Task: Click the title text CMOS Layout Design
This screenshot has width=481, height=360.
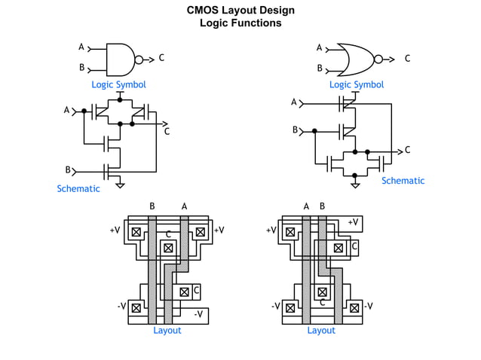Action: [x=240, y=10]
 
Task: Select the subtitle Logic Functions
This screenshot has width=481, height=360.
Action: [x=240, y=23]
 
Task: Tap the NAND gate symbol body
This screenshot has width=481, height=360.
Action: [x=119, y=58]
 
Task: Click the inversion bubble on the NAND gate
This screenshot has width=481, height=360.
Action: [x=139, y=58]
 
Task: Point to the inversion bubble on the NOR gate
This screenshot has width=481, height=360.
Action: [x=378, y=58]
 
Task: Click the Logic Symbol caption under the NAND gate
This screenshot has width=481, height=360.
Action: [x=118, y=85]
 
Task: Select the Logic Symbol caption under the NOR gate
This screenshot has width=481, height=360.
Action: [x=356, y=85]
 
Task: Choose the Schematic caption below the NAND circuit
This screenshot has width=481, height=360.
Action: [x=78, y=189]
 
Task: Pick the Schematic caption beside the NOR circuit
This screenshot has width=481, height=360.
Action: [x=403, y=181]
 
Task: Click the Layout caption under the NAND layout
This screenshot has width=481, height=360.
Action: [x=167, y=330]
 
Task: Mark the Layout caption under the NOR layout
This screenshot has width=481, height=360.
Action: [x=321, y=330]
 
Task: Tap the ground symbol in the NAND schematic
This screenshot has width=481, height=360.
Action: [x=120, y=184]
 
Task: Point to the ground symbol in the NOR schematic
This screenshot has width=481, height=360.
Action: [x=355, y=183]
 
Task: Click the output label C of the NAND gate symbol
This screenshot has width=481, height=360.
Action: [x=161, y=58]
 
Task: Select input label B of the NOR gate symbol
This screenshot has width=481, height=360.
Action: [x=320, y=69]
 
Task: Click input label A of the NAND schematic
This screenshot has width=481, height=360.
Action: [x=66, y=111]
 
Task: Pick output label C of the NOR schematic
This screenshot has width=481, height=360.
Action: [x=408, y=150]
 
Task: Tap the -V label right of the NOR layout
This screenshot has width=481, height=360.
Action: [x=369, y=307]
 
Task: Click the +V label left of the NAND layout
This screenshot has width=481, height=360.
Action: [x=115, y=230]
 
